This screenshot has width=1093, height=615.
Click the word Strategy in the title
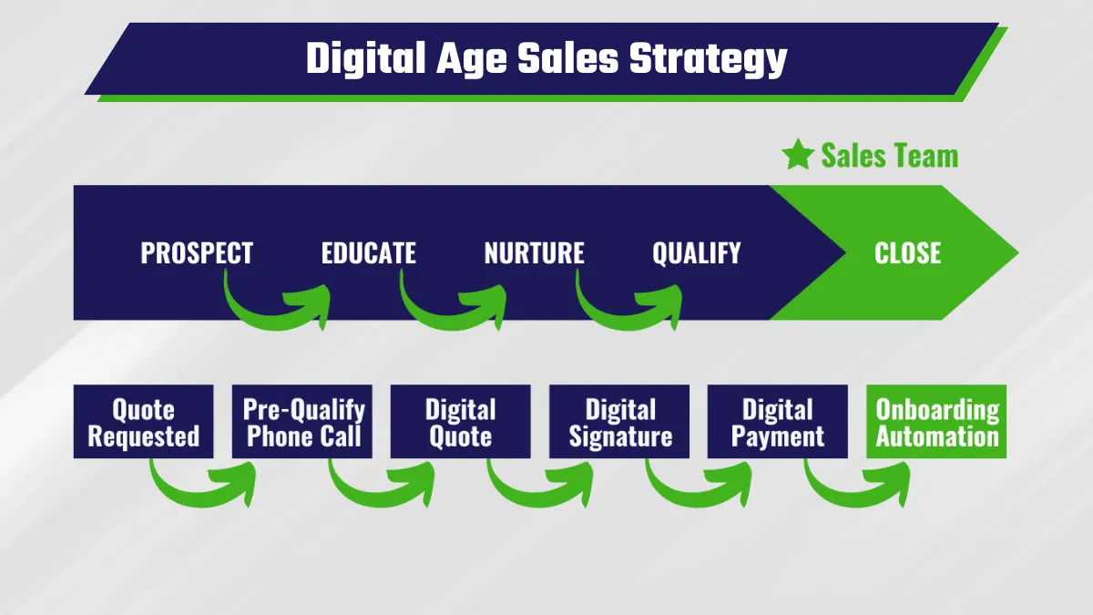pyautogui.click(x=708, y=58)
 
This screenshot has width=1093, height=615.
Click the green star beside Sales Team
pyautogui.click(x=798, y=155)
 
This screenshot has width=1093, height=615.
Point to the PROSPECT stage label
pyautogui.click(x=197, y=253)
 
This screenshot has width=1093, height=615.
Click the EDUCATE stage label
pyautogui.click(x=368, y=253)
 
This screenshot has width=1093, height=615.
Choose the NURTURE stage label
pyautogui.click(x=534, y=253)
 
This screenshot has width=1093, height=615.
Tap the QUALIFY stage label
pyautogui.click(x=696, y=253)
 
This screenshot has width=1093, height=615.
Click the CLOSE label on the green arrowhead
pyautogui.click(x=907, y=253)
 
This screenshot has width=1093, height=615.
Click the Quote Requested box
pyautogui.click(x=144, y=422)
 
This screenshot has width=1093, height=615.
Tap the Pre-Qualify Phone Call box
pyautogui.click(x=302, y=422)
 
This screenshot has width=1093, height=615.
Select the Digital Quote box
pyautogui.click(x=461, y=422)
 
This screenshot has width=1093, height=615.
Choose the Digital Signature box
pyautogui.click(x=619, y=422)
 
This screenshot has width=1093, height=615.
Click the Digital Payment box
pyautogui.click(x=778, y=422)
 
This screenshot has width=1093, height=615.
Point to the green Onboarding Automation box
pyautogui.click(x=936, y=422)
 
